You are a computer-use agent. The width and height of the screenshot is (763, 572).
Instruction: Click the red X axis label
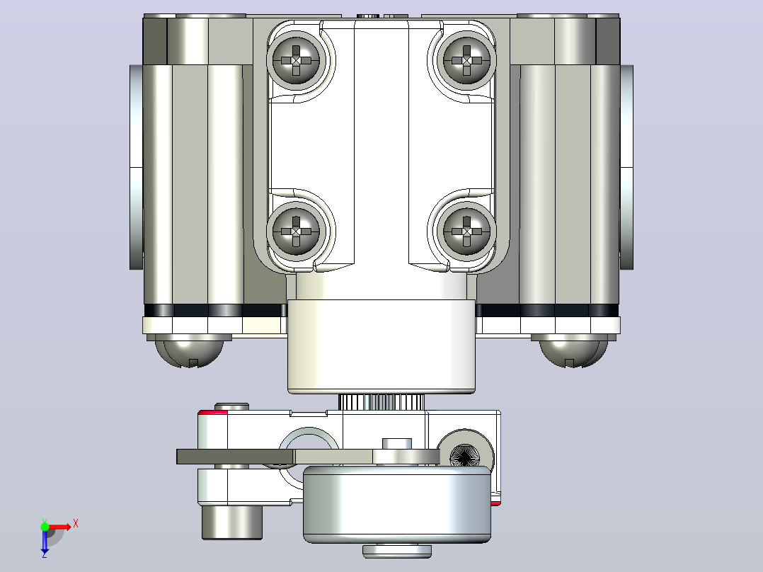[x=76, y=524]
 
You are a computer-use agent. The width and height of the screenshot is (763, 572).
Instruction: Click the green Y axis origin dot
[x=45, y=527]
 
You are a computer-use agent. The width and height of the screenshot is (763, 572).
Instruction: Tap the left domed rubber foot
[x=189, y=351]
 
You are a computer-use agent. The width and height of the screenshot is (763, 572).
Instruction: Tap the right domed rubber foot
[x=573, y=351]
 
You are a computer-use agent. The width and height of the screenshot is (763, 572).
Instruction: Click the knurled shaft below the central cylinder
[x=381, y=402]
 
